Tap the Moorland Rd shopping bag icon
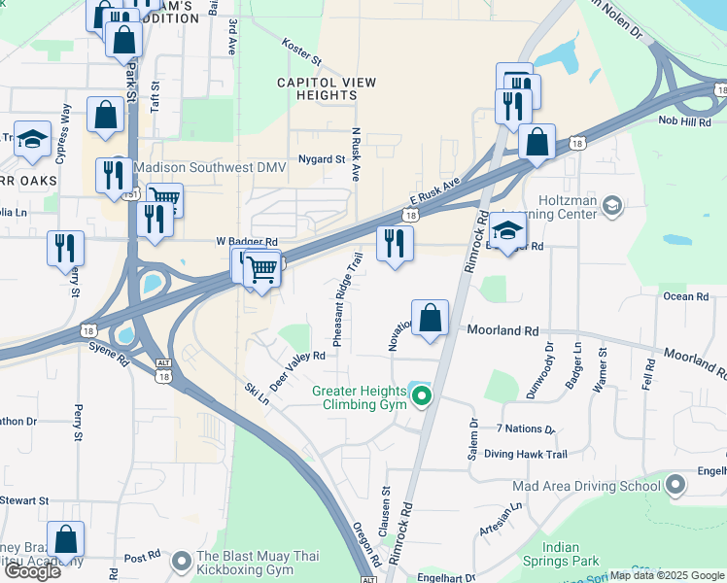[431, 318]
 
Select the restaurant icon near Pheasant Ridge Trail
[395, 243]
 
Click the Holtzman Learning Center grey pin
[611, 205]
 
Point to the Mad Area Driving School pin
[677, 485]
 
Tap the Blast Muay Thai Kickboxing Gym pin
[181, 562]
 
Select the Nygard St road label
[322, 159]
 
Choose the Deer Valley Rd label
[296, 370]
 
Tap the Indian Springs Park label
[571, 555]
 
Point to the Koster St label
[300, 47]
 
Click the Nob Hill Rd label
[684, 120]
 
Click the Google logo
[32, 571]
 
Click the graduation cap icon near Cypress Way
[32, 140]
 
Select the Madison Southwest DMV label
[210, 167]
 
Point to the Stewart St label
[24, 500]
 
